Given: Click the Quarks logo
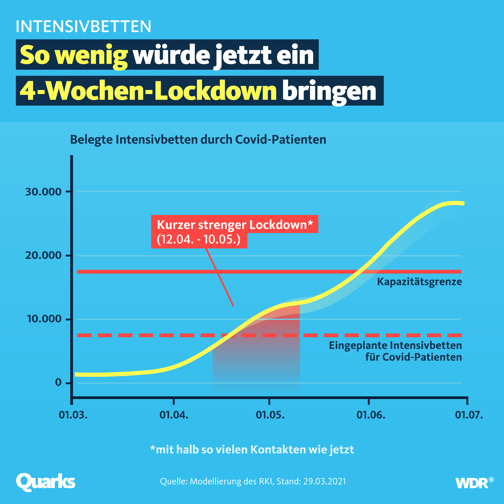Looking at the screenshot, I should point(46,482).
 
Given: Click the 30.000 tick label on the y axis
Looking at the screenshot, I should point(43,192).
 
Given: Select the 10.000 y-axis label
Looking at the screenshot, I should point(44,319).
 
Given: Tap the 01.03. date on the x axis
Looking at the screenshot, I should point(73,414).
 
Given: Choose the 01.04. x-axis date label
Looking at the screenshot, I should point(174,414).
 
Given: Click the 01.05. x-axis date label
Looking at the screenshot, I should point(270,414).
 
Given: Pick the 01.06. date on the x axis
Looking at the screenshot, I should point(371,414).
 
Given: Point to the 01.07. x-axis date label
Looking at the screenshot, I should point(469,414).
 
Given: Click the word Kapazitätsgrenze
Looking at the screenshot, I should point(419,282).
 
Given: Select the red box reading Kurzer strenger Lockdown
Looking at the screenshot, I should point(235,225).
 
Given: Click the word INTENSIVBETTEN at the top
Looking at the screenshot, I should point(83,26).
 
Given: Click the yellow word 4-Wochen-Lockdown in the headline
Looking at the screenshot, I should point(148,91).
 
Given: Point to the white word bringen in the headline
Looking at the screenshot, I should point(329,91).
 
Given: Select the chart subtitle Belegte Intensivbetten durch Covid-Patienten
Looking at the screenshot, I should point(198,140).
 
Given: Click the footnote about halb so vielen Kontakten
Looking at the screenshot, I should point(252,449).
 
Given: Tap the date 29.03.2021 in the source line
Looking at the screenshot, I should point(324,481).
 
